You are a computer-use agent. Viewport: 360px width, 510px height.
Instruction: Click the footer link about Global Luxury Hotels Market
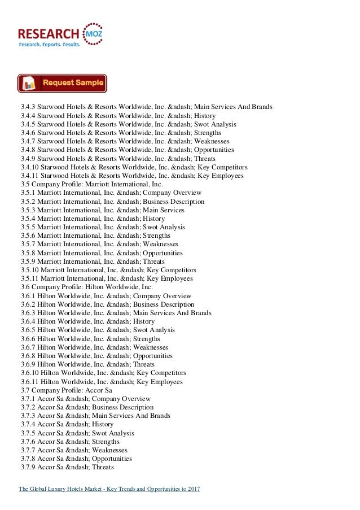(110, 488)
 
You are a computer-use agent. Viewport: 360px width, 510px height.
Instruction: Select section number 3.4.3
(27, 107)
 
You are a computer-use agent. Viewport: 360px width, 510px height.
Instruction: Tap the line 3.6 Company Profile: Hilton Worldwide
(85, 287)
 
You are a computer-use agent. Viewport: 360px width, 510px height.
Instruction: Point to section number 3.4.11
(29, 176)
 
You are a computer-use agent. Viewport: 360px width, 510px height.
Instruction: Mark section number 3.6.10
(29, 373)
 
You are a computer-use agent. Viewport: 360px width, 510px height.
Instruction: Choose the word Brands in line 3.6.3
(199, 313)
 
